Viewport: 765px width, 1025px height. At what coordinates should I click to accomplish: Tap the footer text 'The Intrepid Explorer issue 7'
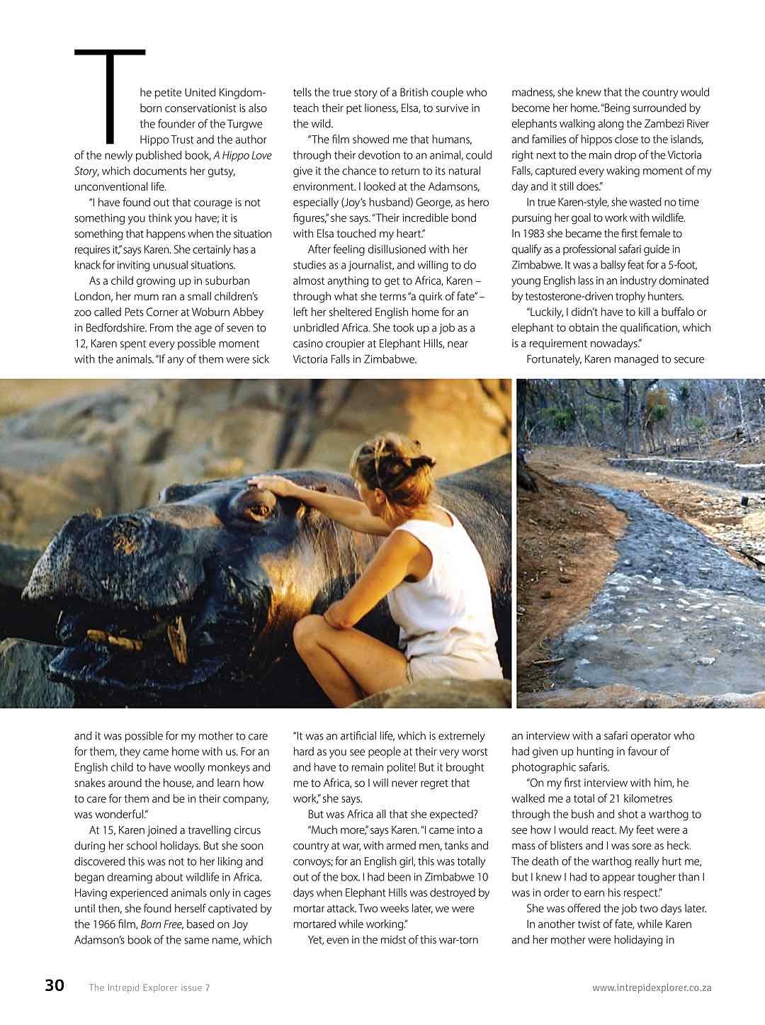click(x=149, y=987)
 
